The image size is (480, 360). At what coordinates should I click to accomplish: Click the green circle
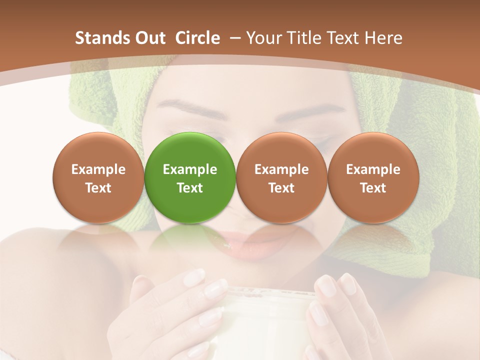(190, 177)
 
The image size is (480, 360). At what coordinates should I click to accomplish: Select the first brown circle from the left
(98, 177)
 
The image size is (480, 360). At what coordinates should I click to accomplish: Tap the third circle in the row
(281, 177)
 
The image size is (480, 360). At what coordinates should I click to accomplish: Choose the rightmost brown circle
(373, 177)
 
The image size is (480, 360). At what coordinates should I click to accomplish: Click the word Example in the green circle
(190, 169)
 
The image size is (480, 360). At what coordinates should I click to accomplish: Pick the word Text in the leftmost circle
(98, 188)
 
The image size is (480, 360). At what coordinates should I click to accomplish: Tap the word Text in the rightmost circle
(373, 188)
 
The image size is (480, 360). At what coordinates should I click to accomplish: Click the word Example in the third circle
(281, 169)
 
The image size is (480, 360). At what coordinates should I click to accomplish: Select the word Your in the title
(263, 38)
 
